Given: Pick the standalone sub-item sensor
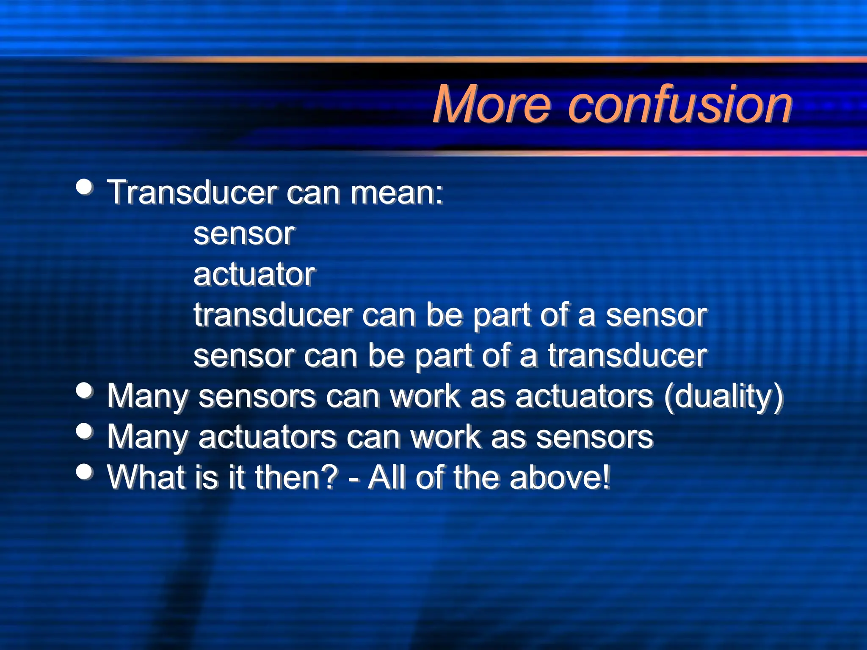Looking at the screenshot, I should coord(243,234).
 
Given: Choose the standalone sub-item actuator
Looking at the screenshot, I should coord(254,274).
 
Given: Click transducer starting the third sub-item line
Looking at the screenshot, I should coord(273,315).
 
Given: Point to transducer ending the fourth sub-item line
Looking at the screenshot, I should coord(627,355).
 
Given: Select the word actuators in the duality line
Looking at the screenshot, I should coord(584,397).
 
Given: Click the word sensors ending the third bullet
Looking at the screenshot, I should coord(595,437).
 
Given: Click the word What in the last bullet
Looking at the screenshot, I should coord(146,477).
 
